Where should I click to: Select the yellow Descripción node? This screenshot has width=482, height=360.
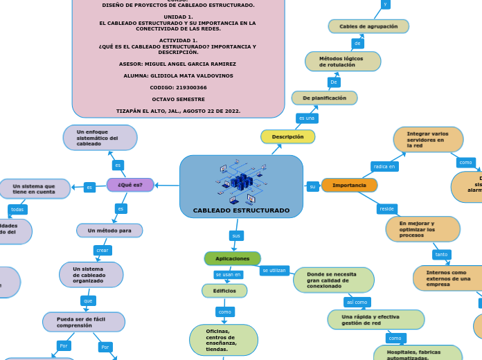[287, 137]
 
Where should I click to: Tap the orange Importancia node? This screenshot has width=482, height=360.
[349, 186]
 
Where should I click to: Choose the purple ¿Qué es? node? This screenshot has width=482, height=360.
[130, 185]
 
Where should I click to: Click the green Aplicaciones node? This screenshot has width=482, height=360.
[232, 258]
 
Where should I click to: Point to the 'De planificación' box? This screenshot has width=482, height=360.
[324, 98]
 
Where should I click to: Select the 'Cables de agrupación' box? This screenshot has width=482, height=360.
[368, 26]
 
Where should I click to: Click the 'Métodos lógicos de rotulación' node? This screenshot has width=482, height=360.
[343, 62]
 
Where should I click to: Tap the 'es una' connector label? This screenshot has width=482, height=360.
[306, 118]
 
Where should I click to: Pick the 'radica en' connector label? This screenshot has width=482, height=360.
[384, 166]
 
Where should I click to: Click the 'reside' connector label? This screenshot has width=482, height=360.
[387, 208]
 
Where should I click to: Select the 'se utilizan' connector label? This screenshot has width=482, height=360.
[274, 271]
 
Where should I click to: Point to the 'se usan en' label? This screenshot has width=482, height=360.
[228, 275]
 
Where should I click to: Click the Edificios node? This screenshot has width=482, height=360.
[224, 291]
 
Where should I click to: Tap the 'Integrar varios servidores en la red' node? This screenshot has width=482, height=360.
[428, 139]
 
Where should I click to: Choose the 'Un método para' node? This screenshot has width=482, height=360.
[109, 230]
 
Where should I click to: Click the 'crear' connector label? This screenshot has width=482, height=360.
[102, 250]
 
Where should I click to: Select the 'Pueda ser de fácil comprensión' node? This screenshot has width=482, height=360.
[84, 322]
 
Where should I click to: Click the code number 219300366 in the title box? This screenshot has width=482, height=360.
[178, 87]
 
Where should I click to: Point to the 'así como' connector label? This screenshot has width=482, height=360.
[357, 302]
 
